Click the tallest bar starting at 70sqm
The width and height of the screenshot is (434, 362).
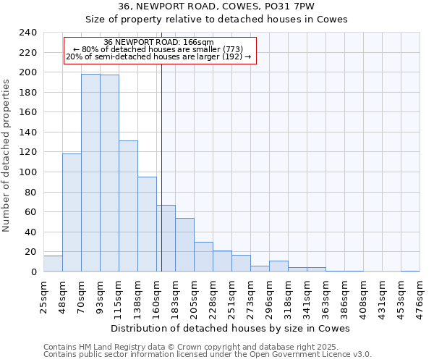pos(90,173)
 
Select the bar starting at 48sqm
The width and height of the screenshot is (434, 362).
pos(72,213)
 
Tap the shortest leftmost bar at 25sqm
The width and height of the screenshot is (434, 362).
pos(53,264)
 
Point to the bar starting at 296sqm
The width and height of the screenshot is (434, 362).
pos(278,266)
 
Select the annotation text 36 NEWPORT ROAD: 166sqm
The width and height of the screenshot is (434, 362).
pos(158,42)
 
